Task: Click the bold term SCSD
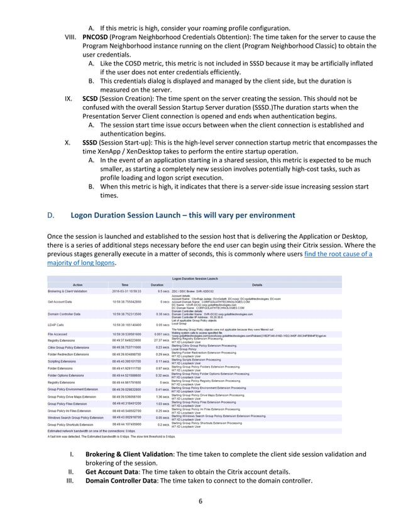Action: tap(91, 99)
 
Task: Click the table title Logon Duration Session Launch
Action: tap(200, 277)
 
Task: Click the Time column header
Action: tap(125, 284)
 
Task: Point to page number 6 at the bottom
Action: tap(200, 501)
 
